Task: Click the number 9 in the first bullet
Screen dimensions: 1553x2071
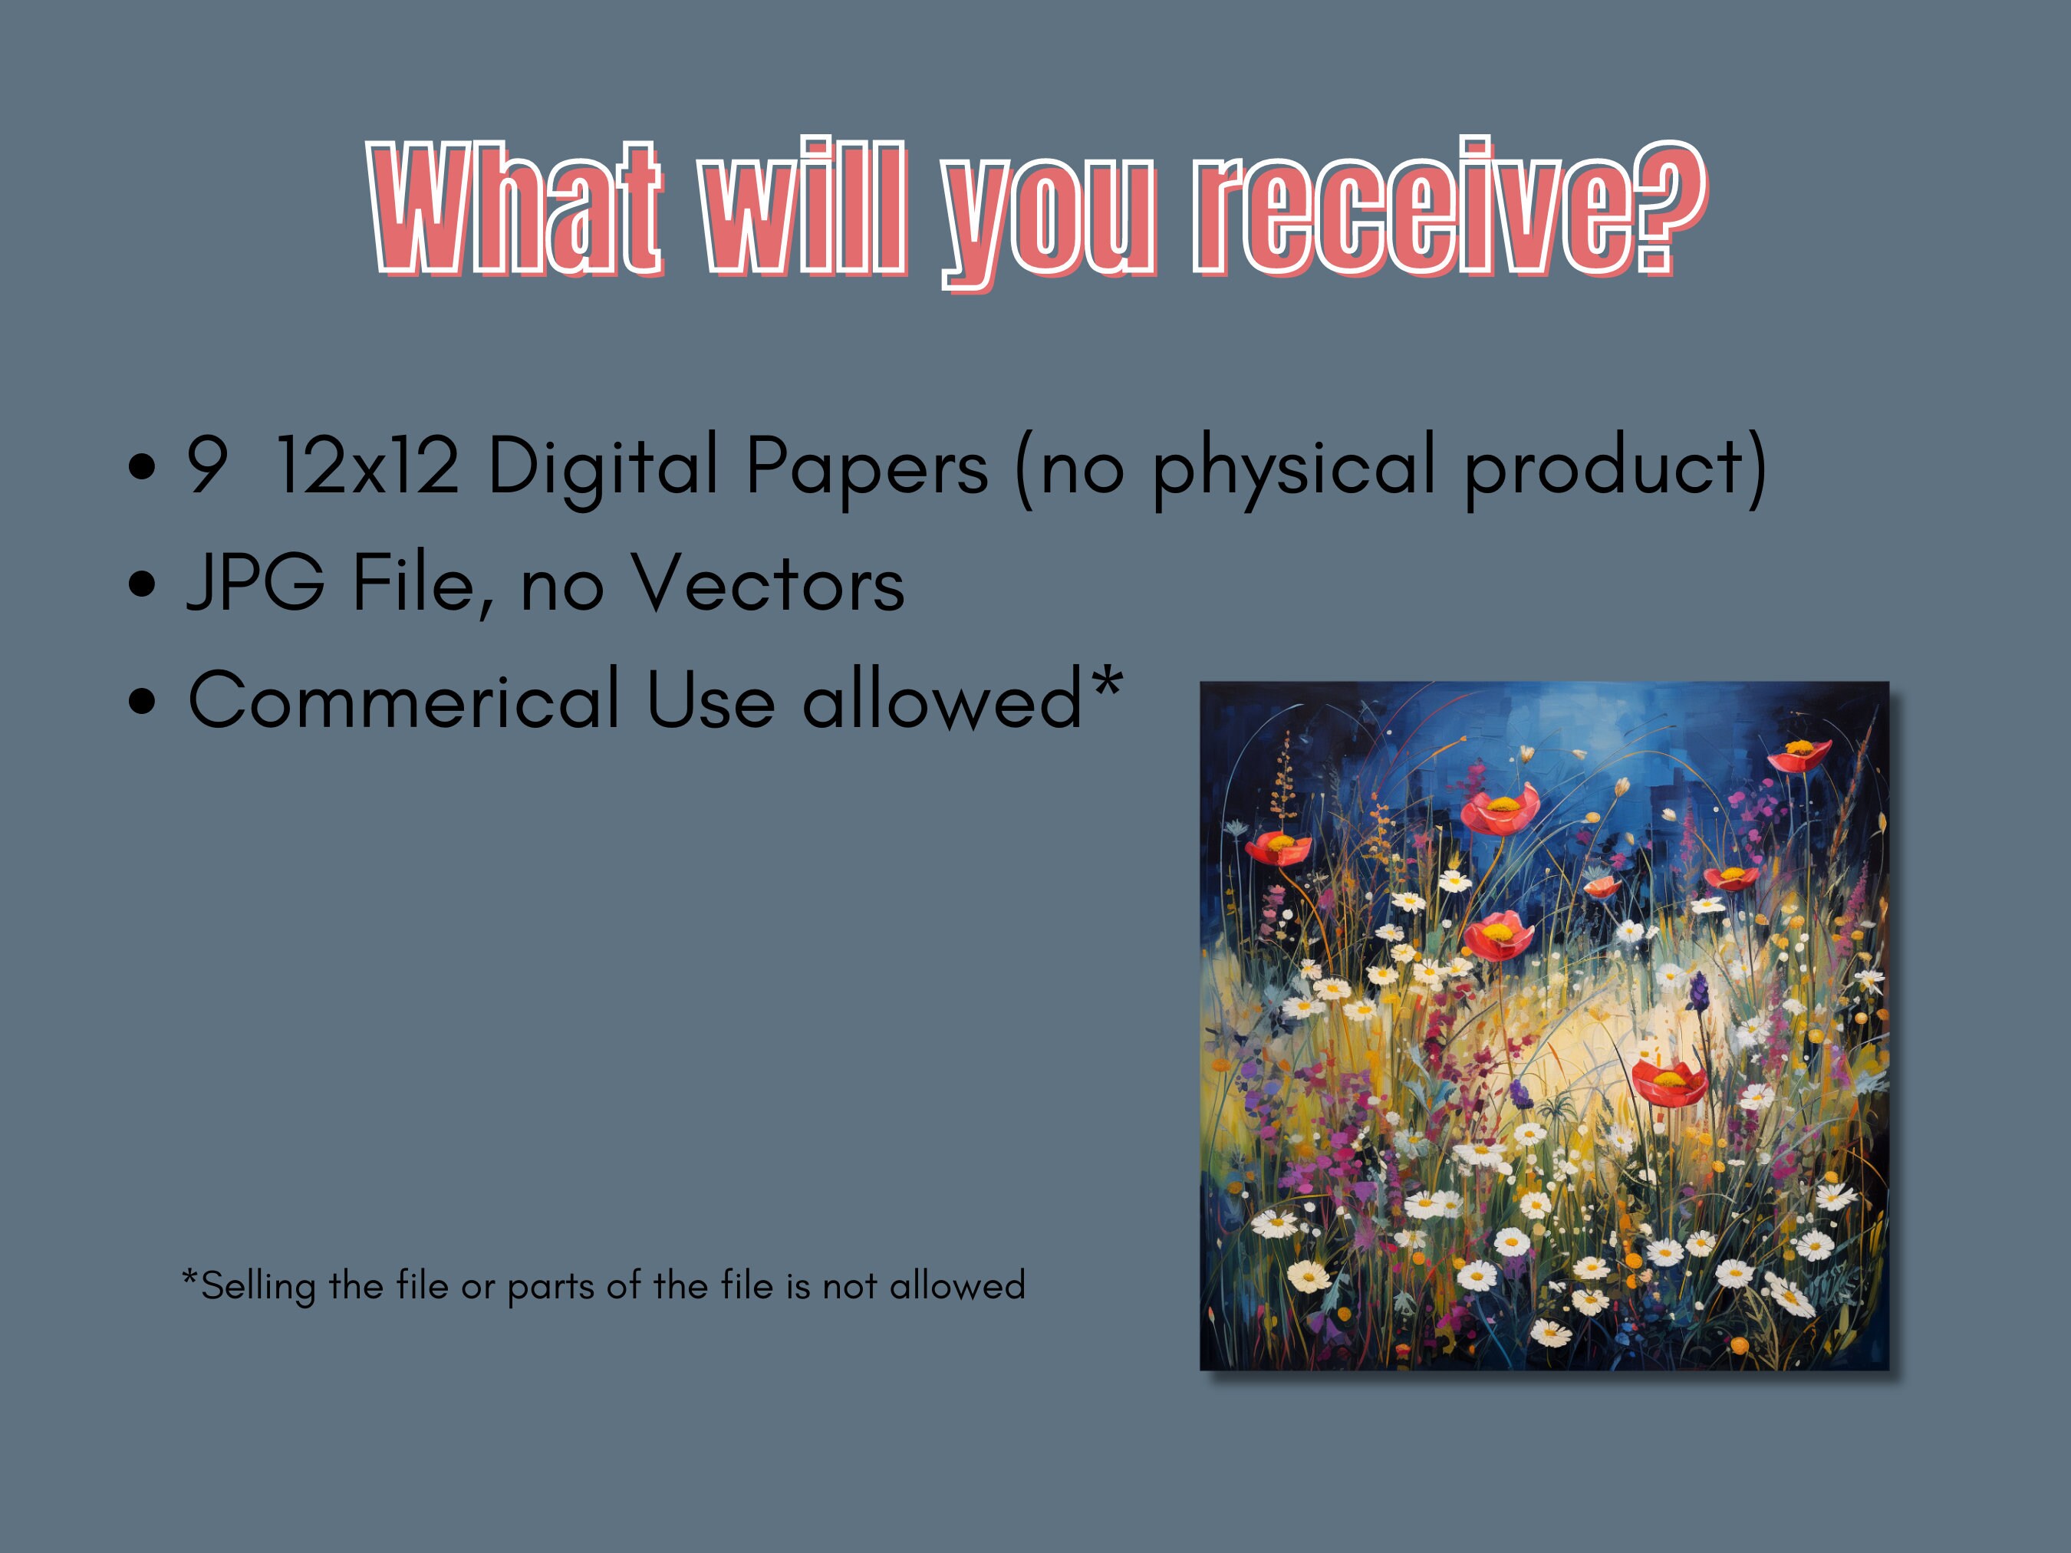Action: pos(207,466)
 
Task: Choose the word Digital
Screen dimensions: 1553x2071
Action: pos(604,466)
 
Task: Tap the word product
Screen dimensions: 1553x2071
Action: pos(1604,467)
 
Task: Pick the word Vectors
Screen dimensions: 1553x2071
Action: pos(768,582)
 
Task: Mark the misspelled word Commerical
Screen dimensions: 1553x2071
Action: pos(403,699)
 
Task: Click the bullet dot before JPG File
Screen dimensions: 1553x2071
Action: pos(143,584)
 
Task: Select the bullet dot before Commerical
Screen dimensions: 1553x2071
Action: pos(143,701)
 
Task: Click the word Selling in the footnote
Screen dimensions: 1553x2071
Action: pos(258,1286)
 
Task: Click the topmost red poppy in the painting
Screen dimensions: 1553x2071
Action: pos(1799,755)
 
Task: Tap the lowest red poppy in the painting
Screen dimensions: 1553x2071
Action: pos(1669,1083)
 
